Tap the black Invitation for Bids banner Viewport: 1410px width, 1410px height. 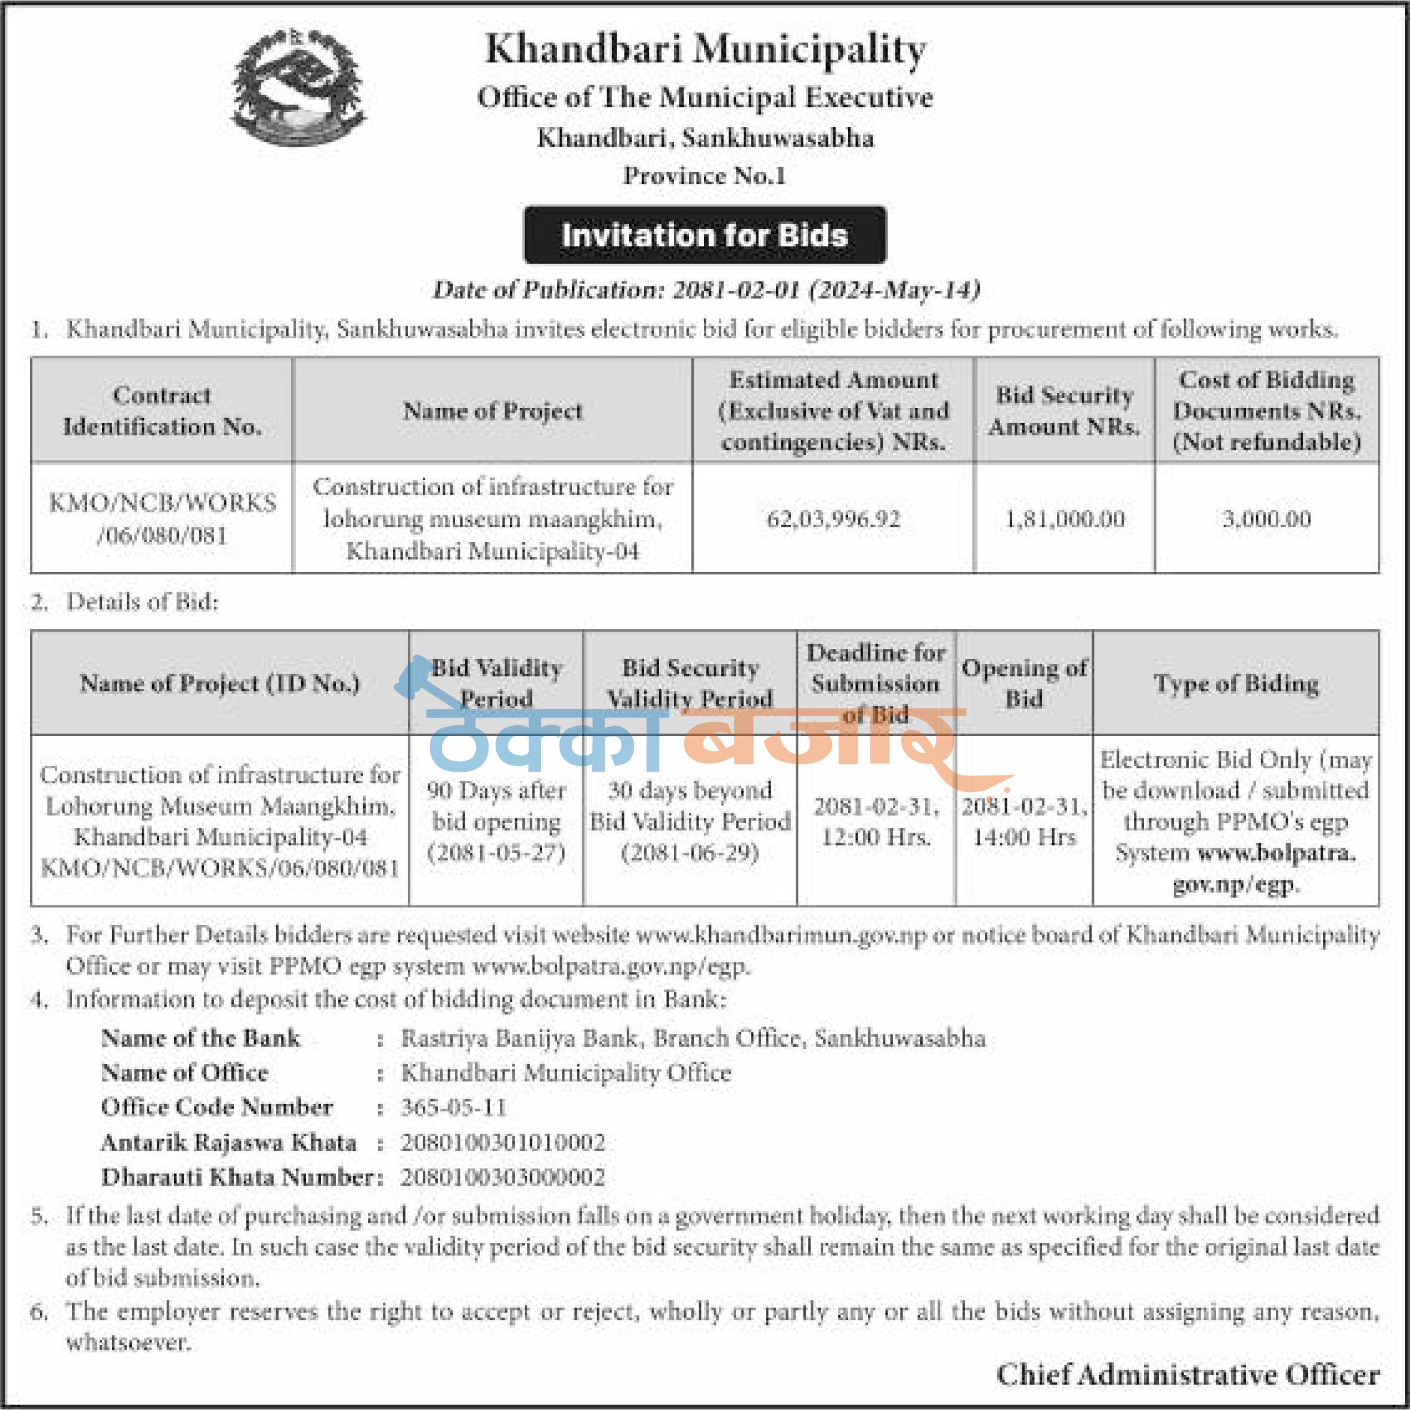[x=705, y=235]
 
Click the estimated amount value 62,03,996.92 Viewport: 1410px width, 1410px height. [x=833, y=519]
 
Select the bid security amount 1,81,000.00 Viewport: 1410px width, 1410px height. [x=1065, y=519]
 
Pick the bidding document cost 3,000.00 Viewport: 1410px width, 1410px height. [x=1266, y=519]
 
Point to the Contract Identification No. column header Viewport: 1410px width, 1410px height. [x=162, y=410]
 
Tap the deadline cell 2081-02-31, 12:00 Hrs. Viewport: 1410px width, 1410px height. [x=876, y=821]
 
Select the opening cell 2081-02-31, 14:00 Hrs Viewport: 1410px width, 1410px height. [x=1024, y=821]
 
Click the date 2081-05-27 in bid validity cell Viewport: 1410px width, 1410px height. [x=496, y=852]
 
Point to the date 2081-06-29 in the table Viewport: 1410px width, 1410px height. [x=689, y=852]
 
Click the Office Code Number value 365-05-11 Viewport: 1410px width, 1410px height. [x=453, y=1107]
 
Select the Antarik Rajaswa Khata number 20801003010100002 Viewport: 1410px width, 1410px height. [x=503, y=1142]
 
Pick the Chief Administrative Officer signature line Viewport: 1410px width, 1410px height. [x=1188, y=1374]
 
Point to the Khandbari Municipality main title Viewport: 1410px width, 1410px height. [x=705, y=50]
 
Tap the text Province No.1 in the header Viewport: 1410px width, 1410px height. [x=704, y=175]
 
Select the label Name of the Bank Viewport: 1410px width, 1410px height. [x=200, y=1038]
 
